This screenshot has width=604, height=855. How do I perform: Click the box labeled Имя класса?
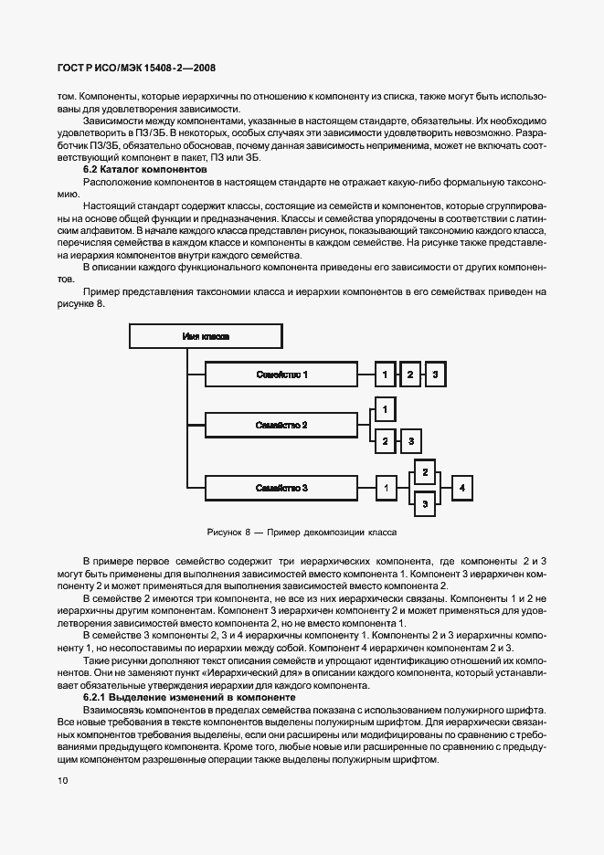(x=207, y=336)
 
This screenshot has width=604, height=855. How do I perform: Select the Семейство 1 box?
(x=281, y=375)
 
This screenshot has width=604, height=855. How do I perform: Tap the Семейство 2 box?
(x=281, y=425)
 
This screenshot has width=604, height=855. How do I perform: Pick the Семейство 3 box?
(x=281, y=489)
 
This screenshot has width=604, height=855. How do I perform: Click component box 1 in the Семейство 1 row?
(x=387, y=375)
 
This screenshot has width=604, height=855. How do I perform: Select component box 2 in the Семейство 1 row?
(x=411, y=375)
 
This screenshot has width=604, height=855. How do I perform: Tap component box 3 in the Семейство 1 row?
(x=436, y=375)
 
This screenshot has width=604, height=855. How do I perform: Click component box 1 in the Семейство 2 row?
(x=386, y=409)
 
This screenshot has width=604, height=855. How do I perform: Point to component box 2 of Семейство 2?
(x=386, y=441)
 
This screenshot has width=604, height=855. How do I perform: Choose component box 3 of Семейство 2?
(x=411, y=441)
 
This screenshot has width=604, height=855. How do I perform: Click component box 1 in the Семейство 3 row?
(x=387, y=489)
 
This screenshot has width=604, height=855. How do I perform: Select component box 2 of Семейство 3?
(x=423, y=472)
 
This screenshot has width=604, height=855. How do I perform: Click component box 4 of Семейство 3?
(x=462, y=489)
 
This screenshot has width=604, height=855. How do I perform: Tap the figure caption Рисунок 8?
(x=302, y=531)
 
